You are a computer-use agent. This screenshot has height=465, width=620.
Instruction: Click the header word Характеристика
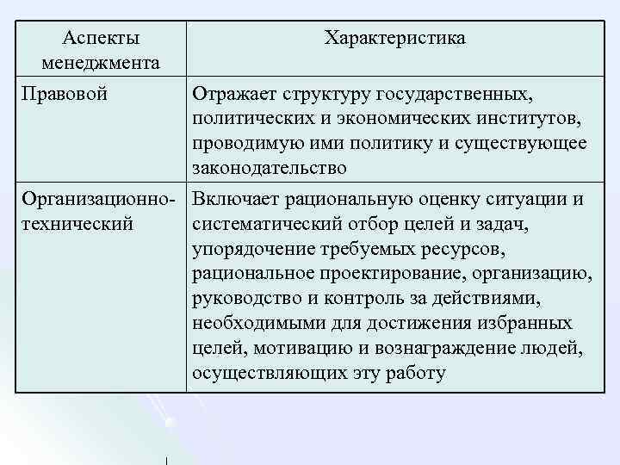coord(395,39)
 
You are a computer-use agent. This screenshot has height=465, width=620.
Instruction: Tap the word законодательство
coord(270,167)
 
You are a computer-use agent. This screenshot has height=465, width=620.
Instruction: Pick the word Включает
coord(232,201)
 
